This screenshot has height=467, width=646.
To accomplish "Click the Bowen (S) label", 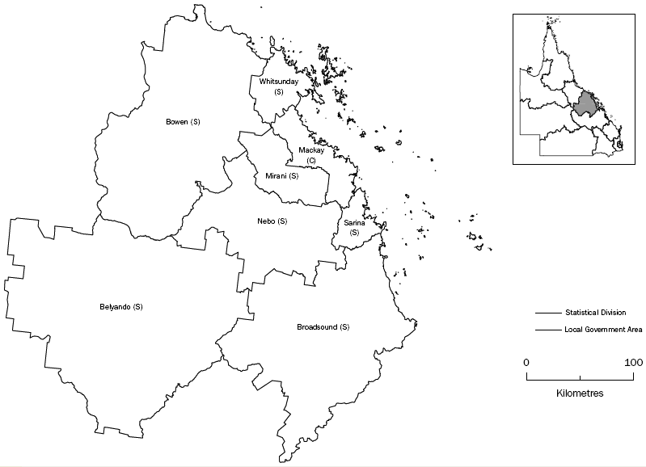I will tap(183, 122).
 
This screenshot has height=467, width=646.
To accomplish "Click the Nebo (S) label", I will tap(272, 221).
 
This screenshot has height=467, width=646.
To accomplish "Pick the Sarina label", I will tap(353, 223).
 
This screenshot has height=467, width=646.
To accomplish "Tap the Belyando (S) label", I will tap(121, 307).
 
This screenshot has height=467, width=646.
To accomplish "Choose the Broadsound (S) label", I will tap(323, 327).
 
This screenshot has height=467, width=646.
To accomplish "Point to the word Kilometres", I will tap(580, 393).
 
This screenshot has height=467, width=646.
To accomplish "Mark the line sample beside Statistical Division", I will tap(547, 313).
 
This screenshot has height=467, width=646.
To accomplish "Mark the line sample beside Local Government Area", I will tap(547, 330).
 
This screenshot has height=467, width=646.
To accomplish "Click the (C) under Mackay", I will tap(310, 161).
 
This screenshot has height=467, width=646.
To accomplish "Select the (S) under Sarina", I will tap(353, 233).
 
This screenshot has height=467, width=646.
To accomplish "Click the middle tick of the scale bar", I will tap(580, 377).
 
